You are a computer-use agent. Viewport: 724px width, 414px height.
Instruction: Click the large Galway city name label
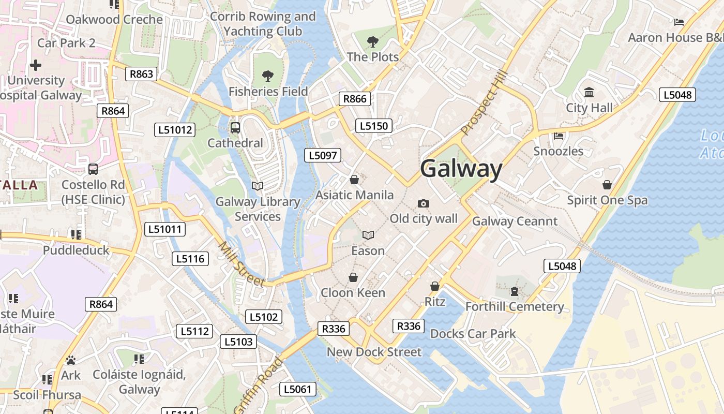pos(461,169)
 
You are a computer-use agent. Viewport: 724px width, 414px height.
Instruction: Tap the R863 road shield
pos(141,74)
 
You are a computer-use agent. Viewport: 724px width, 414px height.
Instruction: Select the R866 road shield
pos(355,99)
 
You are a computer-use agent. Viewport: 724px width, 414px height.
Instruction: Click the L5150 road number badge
pos(374,126)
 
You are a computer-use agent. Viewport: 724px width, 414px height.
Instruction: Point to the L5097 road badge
pos(322,155)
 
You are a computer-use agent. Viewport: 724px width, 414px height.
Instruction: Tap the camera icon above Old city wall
pos(424,203)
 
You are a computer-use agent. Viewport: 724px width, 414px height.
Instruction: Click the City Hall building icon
pos(589,93)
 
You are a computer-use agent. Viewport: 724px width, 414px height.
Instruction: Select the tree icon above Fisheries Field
pos(268,76)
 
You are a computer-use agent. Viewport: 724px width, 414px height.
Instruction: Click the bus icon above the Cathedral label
pos(235,127)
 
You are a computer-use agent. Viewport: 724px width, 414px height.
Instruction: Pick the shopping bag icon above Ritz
pos(435,286)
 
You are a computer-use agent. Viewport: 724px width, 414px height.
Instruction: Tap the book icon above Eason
pos(368,235)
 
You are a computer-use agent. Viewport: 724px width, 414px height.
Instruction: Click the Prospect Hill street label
pos(481,104)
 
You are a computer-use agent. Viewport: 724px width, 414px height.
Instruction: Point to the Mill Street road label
pos(242,264)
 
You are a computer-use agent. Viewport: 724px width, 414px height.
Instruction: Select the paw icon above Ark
pos(71,360)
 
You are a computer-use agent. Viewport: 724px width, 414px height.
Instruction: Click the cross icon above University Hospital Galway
pos(36,65)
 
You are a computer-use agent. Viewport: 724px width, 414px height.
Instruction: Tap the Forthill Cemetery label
pos(515,307)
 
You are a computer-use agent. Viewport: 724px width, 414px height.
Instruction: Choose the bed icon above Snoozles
pos(558,136)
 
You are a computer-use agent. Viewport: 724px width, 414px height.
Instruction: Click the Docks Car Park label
pos(473,334)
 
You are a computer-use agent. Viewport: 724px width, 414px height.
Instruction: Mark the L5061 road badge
pos(298,389)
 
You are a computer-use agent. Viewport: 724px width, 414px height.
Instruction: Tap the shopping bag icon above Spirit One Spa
pos(607,185)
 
